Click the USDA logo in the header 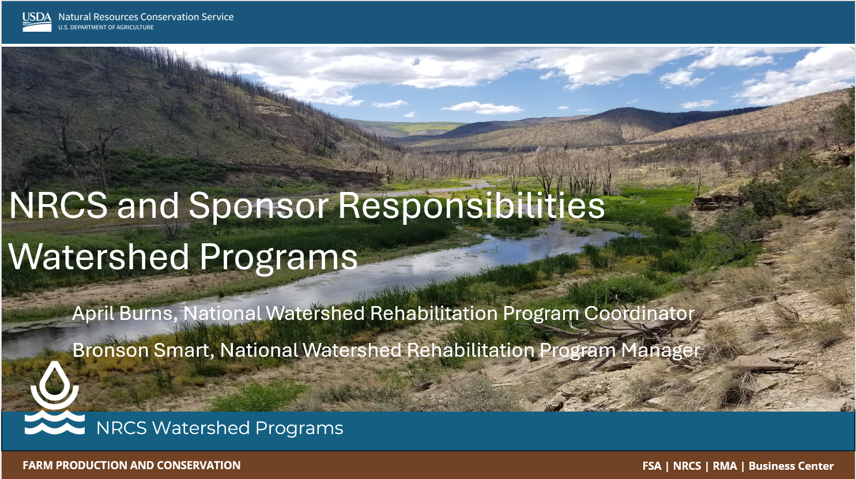click(x=37, y=21)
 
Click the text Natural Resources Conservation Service click(x=146, y=17)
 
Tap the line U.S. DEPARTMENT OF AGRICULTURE click(x=106, y=27)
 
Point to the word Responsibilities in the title click(x=471, y=206)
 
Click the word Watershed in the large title click(x=99, y=257)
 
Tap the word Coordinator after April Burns click(x=639, y=314)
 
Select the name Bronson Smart click(x=142, y=350)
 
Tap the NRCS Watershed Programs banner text click(x=220, y=428)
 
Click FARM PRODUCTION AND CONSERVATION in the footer click(x=131, y=466)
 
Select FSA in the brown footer click(x=652, y=466)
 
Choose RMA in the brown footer click(x=725, y=466)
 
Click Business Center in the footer click(x=791, y=466)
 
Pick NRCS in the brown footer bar click(x=687, y=466)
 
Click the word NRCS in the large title click(x=58, y=206)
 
